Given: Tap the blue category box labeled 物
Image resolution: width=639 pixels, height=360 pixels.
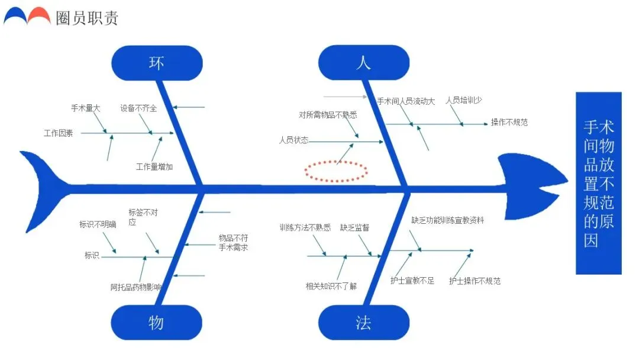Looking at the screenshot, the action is tap(156, 323).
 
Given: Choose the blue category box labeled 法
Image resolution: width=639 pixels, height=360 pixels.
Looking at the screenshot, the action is tap(363, 323).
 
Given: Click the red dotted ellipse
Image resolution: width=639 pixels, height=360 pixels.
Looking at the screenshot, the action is tap(336, 171).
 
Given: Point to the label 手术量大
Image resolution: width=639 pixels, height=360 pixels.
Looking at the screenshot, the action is tap(86, 108).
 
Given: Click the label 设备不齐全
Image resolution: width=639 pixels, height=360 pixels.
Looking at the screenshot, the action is tap(138, 108).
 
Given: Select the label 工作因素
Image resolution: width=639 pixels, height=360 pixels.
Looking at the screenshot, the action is tap(59, 133).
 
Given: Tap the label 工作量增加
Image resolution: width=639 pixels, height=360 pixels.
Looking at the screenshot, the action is tap(154, 167).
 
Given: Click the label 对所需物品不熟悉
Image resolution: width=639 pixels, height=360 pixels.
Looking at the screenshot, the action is tap(328, 115).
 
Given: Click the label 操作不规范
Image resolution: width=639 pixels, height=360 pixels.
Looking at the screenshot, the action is tap(509, 123).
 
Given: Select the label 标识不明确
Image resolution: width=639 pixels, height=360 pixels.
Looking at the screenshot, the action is tap(98, 224).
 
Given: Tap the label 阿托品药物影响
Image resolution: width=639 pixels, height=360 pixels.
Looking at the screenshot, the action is tap(135, 288).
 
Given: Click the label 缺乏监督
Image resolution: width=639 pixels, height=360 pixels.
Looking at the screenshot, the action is tap(354, 227).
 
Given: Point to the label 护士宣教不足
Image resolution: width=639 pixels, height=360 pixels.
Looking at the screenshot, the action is tap(412, 281).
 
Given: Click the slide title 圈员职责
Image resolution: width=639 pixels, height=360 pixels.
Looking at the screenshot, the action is tap(87, 18).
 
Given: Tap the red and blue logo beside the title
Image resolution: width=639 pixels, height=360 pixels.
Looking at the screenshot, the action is tap(27, 16).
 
